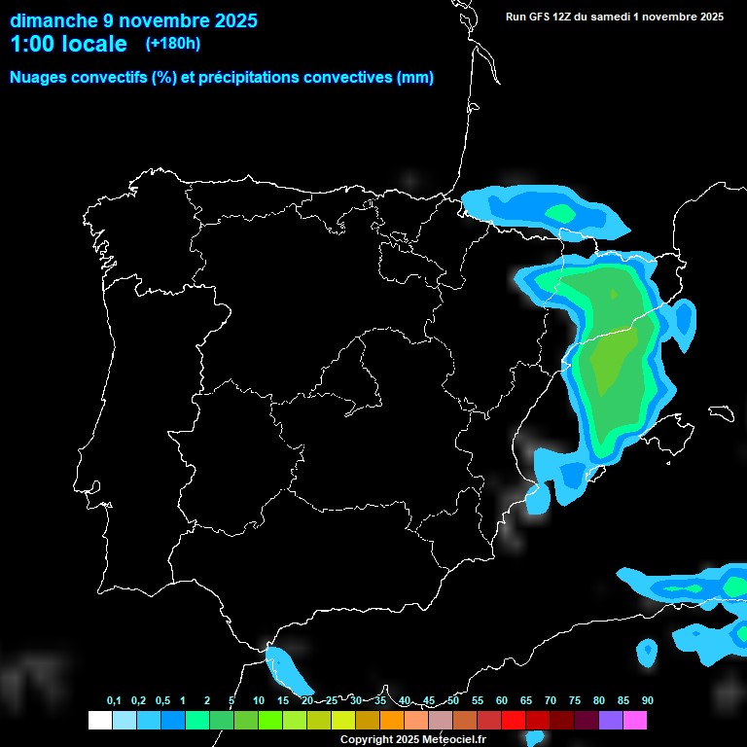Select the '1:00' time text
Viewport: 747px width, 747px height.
pyautogui.click(x=32, y=44)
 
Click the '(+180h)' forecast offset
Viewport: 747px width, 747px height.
pyautogui.click(x=172, y=44)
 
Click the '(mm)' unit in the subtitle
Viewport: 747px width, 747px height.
pyautogui.click(x=415, y=78)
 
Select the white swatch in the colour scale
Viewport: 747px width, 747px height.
pyautogui.click(x=99, y=721)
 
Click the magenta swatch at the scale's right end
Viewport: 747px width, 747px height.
pyautogui.click(x=635, y=721)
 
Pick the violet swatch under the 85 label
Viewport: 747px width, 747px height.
pyautogui.click(x=611, y=721)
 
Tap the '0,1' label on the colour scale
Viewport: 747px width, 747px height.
pyautogui.click(x=114, y=701)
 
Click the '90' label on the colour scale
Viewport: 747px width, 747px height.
pyautogui.click(x=648, y=701)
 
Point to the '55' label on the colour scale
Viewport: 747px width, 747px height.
pyautogui.click(x=478, y=701)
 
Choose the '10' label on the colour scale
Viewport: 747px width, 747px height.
pyautogui.click(x=259, y=701)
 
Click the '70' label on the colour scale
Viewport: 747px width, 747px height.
pyautogui.click(x=551, y=701)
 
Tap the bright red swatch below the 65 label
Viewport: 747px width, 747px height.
pyautogui.click(x=514, y=721)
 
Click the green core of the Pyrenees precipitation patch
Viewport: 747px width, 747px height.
pyautogui.click(x=561, y=212)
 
